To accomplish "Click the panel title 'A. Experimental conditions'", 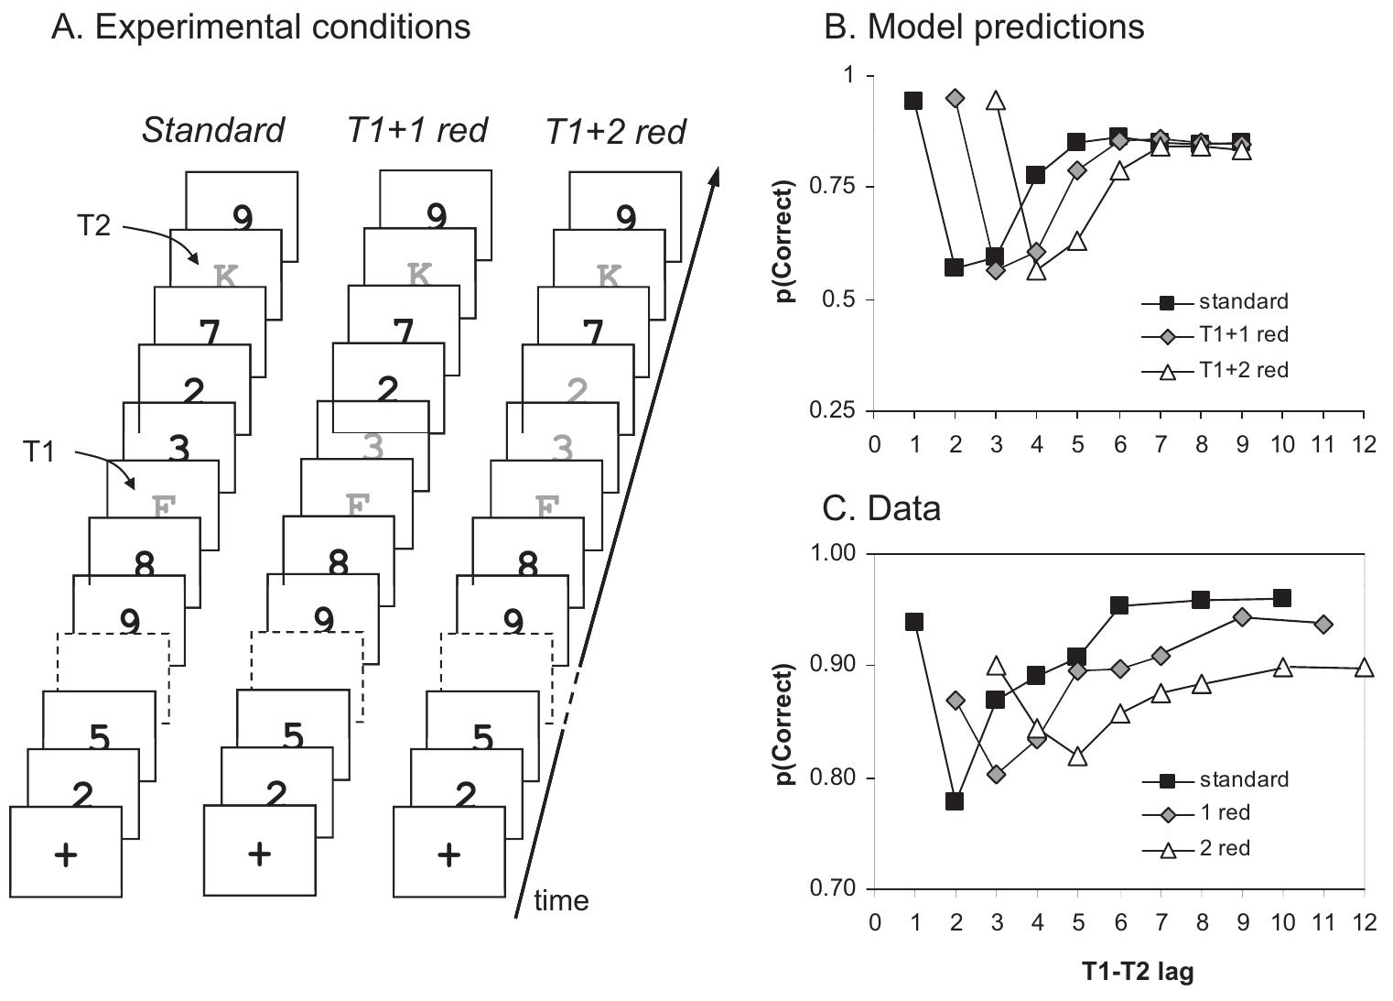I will click(261, 27).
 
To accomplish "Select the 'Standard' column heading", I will click(212, 130).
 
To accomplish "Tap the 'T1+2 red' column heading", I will click(615, 132).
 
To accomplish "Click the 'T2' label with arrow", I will click(92, 225).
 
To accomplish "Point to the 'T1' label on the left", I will click(39, 452).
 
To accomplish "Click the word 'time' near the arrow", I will click(560, 901).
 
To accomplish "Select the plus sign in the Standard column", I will click(66, 854).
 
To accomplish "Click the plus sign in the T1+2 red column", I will click(448, 854).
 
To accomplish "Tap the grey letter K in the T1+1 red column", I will click(419, 274).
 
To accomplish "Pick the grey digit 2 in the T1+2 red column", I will click(577, 391).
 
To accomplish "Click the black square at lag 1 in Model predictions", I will click(913, 101).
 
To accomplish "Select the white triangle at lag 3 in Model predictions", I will click(996, 101).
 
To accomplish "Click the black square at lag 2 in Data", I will click(955, 801).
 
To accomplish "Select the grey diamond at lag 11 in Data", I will click(1323, 624).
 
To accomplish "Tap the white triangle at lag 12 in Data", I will click(1364, 668).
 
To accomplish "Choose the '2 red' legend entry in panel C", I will click(1224, 848).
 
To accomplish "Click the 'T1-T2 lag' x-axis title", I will click(1138, 972).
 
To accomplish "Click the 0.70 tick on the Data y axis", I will click(836, 889).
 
